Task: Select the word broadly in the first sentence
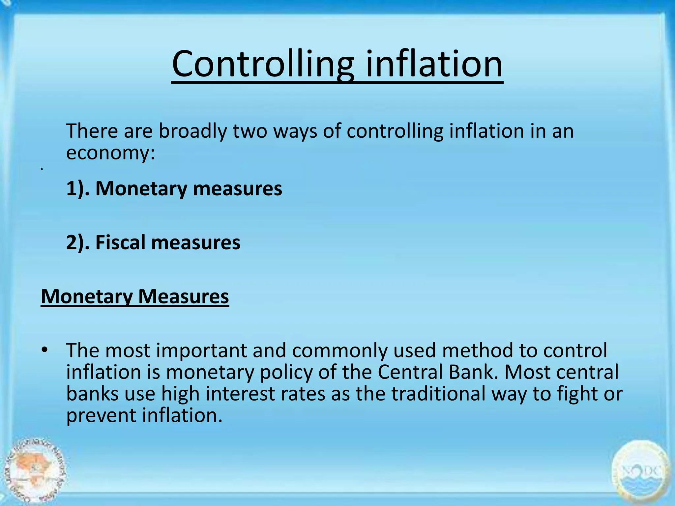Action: click(x=193, y=131)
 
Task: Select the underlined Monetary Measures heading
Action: click(x=135, y=296)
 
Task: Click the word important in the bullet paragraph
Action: click(x=201, y=350)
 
